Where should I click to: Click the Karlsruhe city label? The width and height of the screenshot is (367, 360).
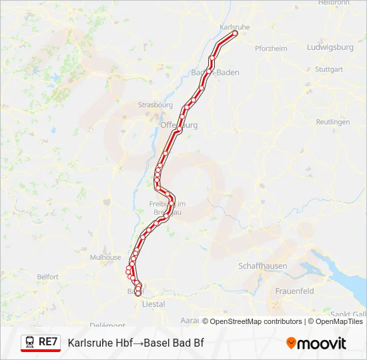coord(234,27)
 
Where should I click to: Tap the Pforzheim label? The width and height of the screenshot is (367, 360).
coord(271,48)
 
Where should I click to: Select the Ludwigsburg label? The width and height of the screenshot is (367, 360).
coord(330,47)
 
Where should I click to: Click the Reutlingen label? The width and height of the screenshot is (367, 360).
coord(333,122)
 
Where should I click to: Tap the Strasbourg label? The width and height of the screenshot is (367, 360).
coord(155,105)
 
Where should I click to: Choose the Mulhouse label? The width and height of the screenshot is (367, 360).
coord(106,257)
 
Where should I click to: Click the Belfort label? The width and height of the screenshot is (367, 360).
coord(48,276)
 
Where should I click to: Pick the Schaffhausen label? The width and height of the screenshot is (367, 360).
coord(263,266)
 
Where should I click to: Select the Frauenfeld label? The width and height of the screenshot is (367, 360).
coord(294,291)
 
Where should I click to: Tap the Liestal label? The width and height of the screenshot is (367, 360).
coord(153,304)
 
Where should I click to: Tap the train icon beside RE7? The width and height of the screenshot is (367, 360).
coord(30,342)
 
